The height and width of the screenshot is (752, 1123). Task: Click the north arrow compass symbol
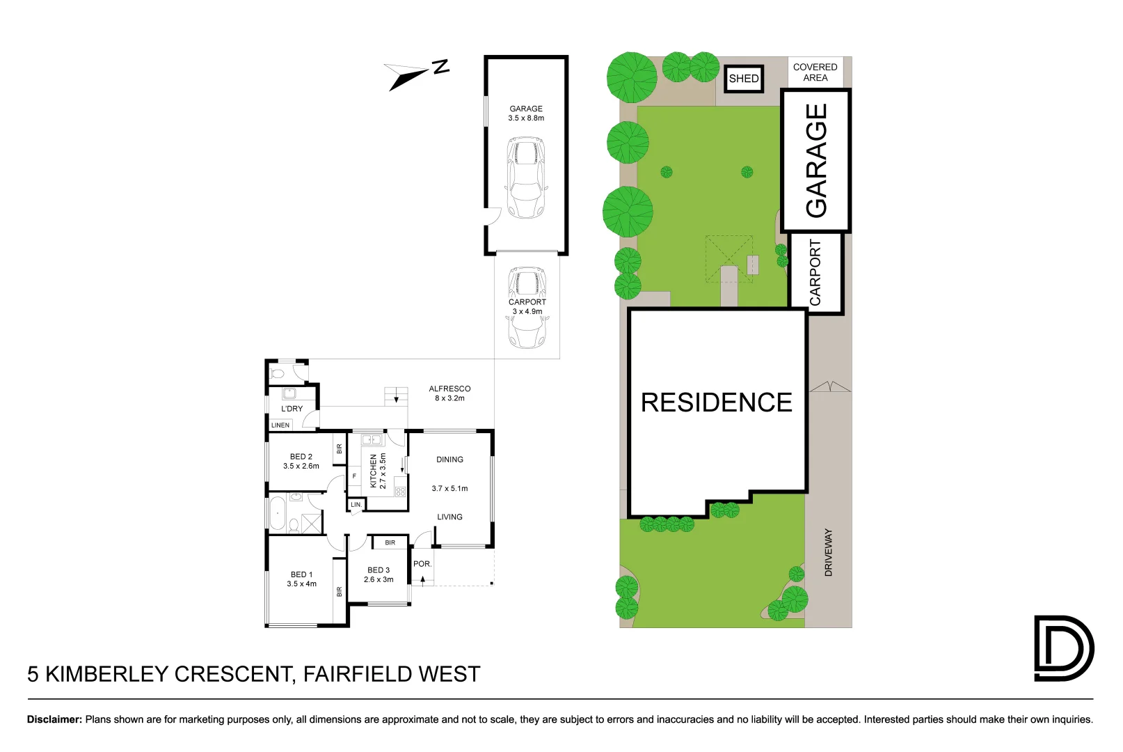(x=415, y=75)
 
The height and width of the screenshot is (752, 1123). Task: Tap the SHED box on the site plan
(x=744, y=79)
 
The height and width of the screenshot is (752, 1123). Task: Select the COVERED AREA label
(x=815, y=72)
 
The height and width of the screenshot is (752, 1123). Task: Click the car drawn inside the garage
(x=526, y=178)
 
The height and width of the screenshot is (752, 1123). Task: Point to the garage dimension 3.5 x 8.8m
(x=526, y=118)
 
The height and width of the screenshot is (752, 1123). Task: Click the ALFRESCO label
(x=449, y=389)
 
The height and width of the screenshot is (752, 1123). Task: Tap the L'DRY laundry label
(x=292, y=409)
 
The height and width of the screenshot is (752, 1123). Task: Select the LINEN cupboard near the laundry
(x=280, y=425)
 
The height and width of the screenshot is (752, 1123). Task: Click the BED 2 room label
(x=301, y=457)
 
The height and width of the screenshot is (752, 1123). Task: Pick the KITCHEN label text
(x=374, y=471)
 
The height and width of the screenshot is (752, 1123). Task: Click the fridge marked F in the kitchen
(x=354, y=476)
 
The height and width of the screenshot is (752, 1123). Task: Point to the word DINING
(x=449, y=460)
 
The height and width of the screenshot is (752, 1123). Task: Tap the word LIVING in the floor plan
(x=449, y=517)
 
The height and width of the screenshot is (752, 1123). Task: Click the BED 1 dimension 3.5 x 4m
(x=302, y=584)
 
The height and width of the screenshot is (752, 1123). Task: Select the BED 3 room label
(x=379, y=570)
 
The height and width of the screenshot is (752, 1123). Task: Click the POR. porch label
(x=422, y=564)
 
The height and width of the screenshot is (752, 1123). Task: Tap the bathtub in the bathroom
(x=278, y=513)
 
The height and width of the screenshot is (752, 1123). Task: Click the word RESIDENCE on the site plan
(x=717, y=402)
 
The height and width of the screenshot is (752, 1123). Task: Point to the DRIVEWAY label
(x=828, y=552)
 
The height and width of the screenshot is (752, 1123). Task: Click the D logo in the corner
(x=1064, y=648)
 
